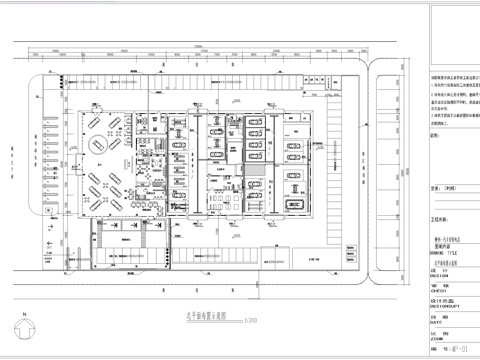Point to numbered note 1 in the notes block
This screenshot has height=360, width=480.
coord(440,87)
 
